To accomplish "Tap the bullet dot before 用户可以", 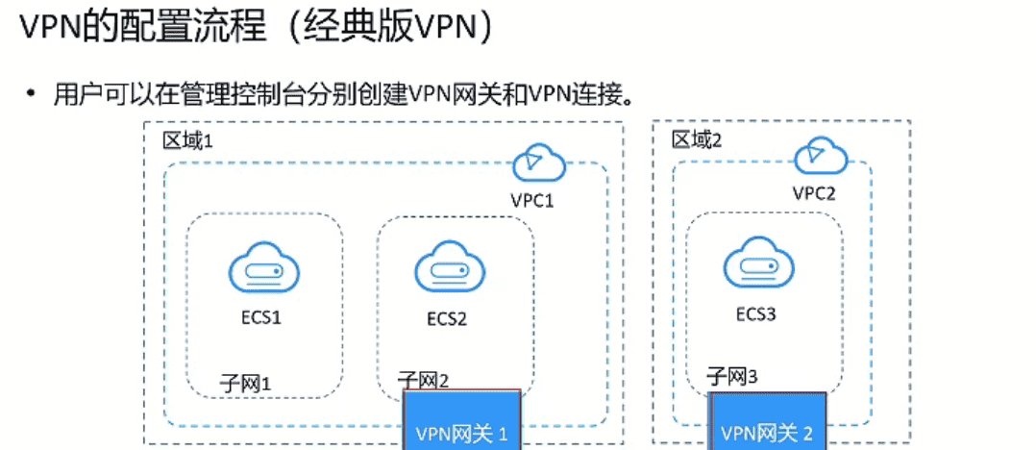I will pos(33,93).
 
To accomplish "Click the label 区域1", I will pos(186,140).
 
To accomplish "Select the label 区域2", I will pos(697,140).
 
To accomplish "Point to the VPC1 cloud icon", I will pos(540,163).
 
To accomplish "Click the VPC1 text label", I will pos(532,201).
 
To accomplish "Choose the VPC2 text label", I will pos(814,192).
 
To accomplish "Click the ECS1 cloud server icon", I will pos(257,268).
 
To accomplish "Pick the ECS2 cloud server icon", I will pos(447,268).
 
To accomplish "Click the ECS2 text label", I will pos(447,317).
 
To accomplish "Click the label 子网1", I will pos(246,382).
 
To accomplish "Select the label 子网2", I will pos(424,381).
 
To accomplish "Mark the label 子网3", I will pos(733,376).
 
